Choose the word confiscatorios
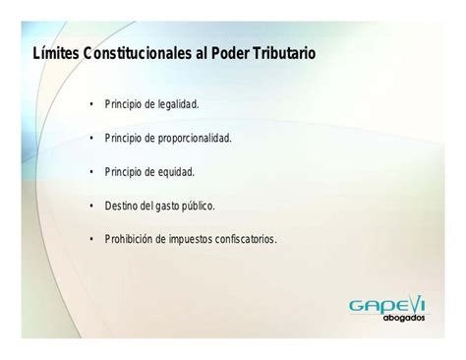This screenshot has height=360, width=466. click(x=251, y=239)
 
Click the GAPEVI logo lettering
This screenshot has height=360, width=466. click(x=388, y=305)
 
